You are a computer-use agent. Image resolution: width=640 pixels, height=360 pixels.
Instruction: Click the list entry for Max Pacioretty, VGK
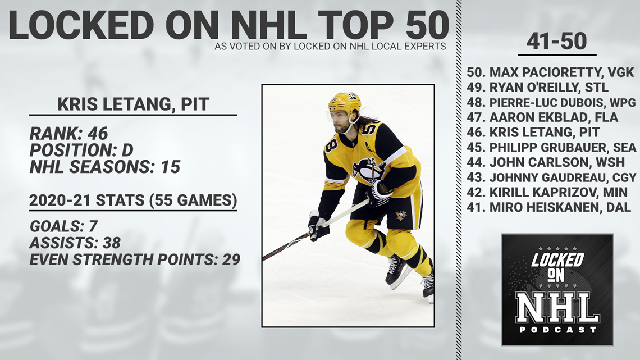pos(550,72)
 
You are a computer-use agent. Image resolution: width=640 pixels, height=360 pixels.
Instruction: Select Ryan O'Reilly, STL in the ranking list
pos(538,88)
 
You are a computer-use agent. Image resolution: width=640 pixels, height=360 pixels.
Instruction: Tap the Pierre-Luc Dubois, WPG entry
pos(551,102)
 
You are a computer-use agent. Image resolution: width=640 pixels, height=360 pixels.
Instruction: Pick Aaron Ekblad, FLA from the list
pos(542,117)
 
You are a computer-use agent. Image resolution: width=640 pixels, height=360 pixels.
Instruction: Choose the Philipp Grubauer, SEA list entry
pos(551,147)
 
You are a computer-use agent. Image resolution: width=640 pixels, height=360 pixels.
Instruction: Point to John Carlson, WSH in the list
pos(546,162)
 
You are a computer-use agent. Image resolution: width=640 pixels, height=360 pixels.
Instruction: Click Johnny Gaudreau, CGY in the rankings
pos(551,177)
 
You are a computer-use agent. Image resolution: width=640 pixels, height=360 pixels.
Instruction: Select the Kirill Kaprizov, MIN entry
pos(549,192)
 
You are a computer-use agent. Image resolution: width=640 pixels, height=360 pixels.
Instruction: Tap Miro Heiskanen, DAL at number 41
pos(549,207)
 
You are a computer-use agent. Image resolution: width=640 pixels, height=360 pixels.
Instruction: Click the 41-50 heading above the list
pos(557,41)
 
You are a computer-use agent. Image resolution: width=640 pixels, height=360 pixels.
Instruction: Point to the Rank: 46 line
pos(68,134)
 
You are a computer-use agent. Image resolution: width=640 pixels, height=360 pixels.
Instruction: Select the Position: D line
pos(81,150)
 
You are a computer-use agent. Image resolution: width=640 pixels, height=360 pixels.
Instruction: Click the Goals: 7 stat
pos(63,226)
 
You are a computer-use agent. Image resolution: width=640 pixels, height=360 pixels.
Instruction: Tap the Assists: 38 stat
pos(75,243)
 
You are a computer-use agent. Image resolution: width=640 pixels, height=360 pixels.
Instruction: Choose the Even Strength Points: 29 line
pos(135,259)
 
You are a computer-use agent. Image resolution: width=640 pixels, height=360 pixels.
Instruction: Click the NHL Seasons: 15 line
pos(105,167)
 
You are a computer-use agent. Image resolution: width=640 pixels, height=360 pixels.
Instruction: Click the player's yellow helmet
pos(345,103)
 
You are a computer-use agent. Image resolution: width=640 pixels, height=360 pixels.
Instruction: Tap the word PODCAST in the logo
pos(557,329)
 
